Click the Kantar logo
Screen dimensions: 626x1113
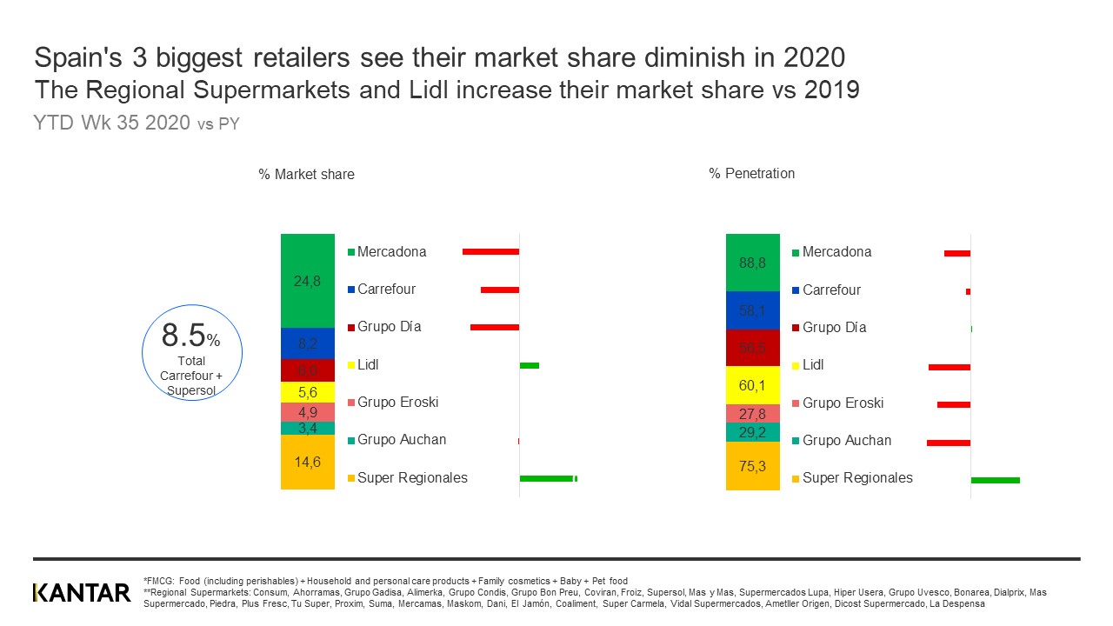pos(81,593)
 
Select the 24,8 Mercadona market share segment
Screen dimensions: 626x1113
pos(308,281)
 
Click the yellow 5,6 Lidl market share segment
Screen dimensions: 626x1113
pos(308,392)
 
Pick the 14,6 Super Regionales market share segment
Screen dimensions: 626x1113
pos(308,462)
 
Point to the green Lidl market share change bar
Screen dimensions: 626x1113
pos(530,365)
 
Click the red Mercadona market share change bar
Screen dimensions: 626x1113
pos(490,251)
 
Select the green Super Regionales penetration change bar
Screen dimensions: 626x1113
pos(995,480)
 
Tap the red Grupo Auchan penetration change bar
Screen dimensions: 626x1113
pos(949,443)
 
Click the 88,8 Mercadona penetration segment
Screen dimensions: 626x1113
pos(753,263)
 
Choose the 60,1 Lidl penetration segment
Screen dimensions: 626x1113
pos(753,385)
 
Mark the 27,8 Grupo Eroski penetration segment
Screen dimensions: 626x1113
pos(753,414)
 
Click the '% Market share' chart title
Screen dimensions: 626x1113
pos(306,174)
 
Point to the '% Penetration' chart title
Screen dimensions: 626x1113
pos(752,173)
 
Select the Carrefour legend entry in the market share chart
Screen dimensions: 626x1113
pos(386,290)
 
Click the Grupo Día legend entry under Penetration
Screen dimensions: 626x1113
pos(834,328)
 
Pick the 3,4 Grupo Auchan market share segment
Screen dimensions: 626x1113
pos(308,428)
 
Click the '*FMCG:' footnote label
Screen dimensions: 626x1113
pos(159,581)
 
